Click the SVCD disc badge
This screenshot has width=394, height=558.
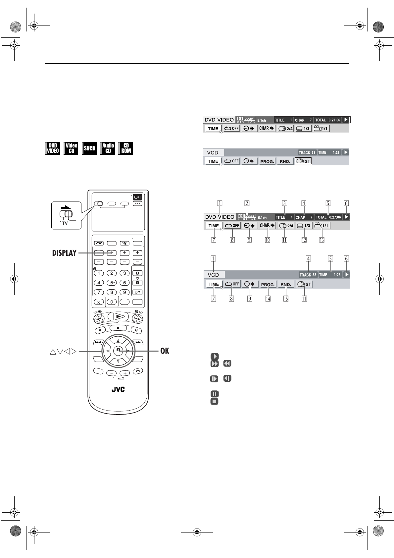click(x=89, y=148)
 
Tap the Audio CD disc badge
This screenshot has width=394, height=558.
click(x=108, y=148)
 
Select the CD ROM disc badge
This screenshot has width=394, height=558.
click(x=126, y=148)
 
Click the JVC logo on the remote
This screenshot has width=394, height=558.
click(x=118, y=389)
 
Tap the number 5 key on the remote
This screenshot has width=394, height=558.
click(x=112, y=283)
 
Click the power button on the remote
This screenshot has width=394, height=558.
click(x=137, y=197)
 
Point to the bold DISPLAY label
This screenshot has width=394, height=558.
click(x=64, y=253)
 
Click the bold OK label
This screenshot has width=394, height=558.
click(x=165, y=351)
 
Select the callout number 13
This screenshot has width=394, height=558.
click(x=322, y=240)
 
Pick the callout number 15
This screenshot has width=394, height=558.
click(x=286, y=299)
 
